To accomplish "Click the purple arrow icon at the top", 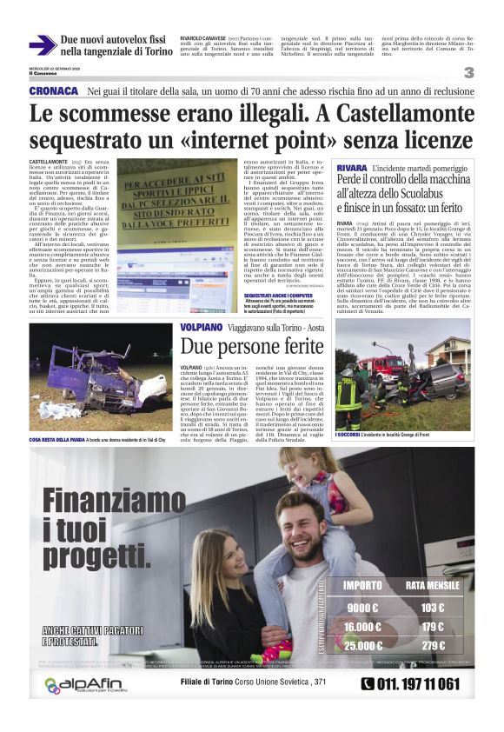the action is [43, 46].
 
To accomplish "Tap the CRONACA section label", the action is [54, 91].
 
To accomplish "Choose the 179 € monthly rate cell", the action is [432, 627].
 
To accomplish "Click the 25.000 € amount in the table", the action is [363, 645].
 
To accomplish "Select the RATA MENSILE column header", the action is [433, 585].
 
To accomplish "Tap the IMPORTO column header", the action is [363, 585].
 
